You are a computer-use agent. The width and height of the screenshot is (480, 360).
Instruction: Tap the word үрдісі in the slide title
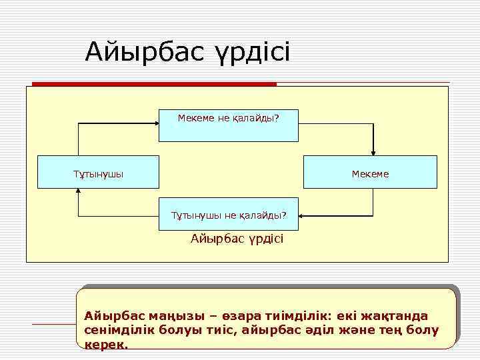tap(250, 52)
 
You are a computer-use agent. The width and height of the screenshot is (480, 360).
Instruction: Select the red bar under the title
tap(154, 84)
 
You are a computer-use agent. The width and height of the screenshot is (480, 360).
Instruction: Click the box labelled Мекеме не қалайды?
tap(228, 125)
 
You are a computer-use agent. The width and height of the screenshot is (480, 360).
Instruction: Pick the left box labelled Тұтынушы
tap(98, 173)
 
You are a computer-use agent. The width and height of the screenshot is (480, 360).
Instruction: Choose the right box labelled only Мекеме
tap(370, 173)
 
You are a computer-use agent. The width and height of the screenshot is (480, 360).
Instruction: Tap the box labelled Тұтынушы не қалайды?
tap(228, 215)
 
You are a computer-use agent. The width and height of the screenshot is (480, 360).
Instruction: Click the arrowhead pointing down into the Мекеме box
tap(373, 151)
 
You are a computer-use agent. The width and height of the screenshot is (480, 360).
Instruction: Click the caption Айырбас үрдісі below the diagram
tap(237, 238)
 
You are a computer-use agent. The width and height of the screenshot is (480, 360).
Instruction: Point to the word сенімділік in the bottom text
tap(117, 330)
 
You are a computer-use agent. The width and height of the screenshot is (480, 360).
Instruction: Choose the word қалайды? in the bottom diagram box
tap(263, 215)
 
